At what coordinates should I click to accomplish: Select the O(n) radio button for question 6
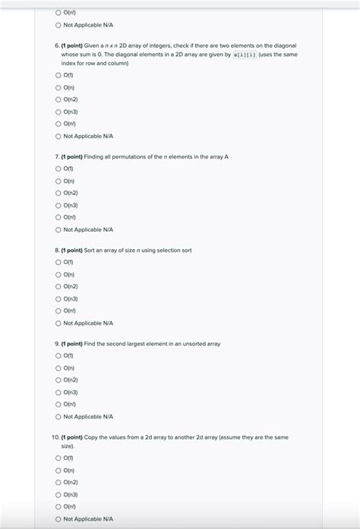(x=58, y=87)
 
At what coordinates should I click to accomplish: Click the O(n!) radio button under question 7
(x=58, y=217)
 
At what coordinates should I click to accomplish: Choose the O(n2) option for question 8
(x=58, y=286)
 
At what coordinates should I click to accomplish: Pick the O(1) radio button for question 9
(x=58, y=356)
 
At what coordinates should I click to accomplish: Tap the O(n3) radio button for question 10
(x=58, y=494)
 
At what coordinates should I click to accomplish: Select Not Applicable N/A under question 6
(x=58, y=136)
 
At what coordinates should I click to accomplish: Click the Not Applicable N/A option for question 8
(x=58, y=323)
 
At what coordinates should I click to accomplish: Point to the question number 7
(x=56, y=156)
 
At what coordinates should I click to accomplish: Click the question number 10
(x=55, y=437)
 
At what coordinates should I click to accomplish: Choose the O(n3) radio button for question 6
(x=58, y=112)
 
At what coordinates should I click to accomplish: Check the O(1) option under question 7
(x=58, y=168)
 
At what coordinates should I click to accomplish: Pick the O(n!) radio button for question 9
(x=58, y=405)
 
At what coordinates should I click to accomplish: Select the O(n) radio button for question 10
(x=58, y=470)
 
